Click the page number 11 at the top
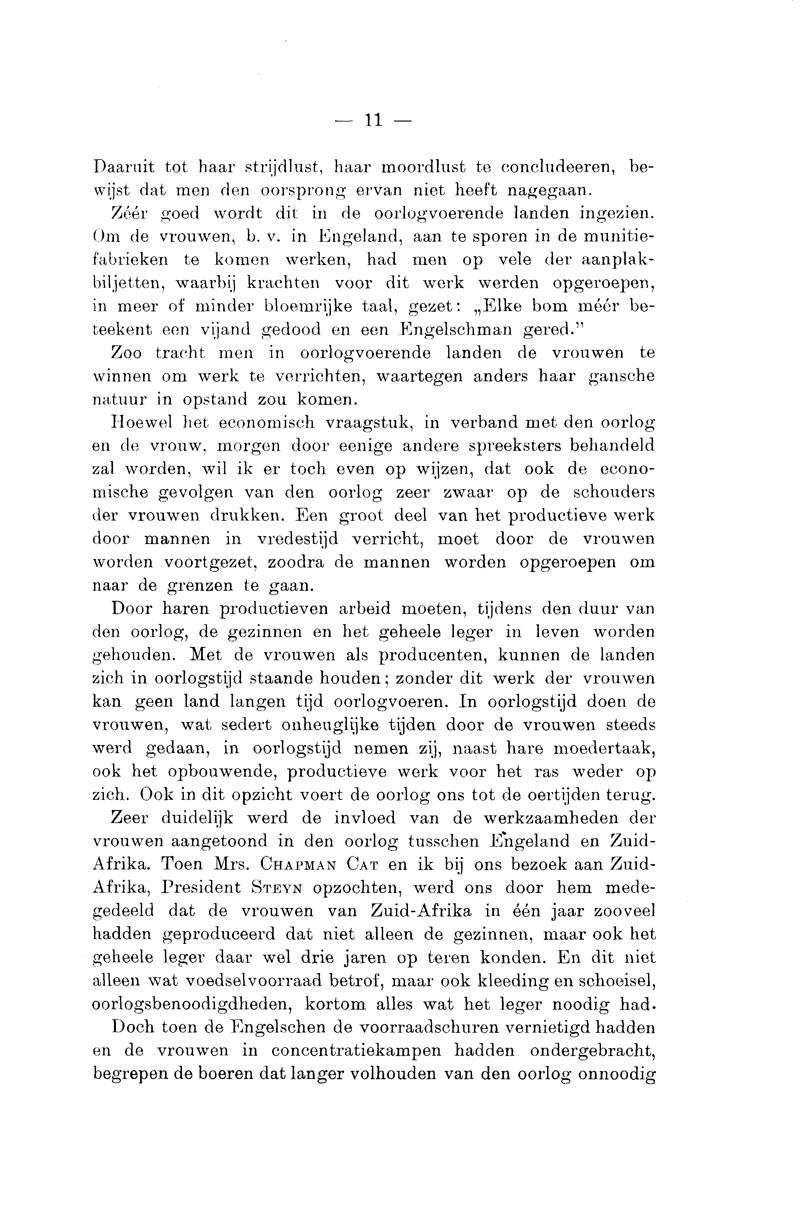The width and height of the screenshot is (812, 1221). (373, 120)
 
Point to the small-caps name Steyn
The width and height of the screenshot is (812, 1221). (275, 888)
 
